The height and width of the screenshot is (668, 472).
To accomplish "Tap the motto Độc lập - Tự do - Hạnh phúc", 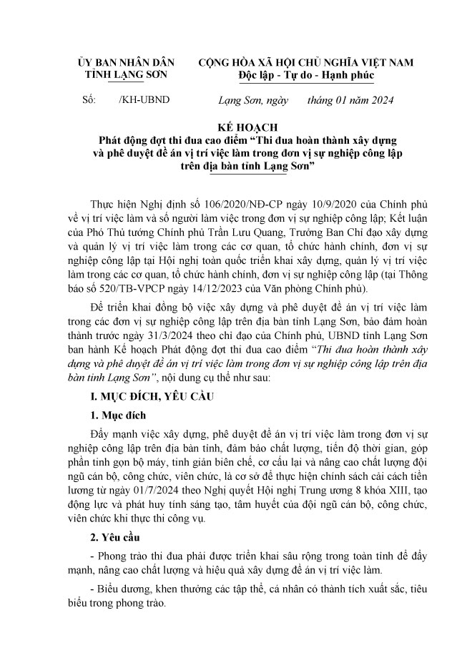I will [306, 75].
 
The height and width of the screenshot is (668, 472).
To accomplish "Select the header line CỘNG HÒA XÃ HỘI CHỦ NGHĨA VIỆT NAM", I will [307, 62].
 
